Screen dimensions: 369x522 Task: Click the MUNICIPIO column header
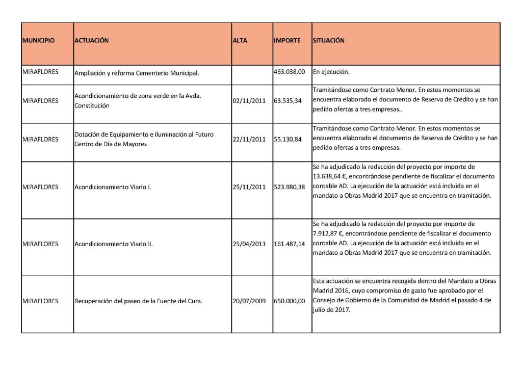click(39, 41)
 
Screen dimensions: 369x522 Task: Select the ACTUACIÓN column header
click(92, 41)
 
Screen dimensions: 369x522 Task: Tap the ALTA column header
click(240, 41)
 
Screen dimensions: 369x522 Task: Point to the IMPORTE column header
click(287, 41)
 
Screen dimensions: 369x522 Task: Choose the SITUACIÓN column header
click(329, 41)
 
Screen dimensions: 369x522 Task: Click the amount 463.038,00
click(289, 72)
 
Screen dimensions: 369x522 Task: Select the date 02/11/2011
click(249, 101)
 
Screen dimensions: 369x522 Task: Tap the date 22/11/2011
click(249, 139)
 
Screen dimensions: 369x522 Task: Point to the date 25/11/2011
click(249, 187)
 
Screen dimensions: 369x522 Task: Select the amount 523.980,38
click(289, 187)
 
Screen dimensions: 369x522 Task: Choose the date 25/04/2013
click(249, 244)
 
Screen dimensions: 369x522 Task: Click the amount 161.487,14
click(289, 244)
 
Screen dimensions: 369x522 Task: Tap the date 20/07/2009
click(249, 301)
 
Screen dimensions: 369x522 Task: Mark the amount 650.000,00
click(289, 301)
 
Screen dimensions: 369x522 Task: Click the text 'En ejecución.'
click(331, 72)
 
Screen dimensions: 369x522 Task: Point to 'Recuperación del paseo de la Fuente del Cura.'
click(139, 301)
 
